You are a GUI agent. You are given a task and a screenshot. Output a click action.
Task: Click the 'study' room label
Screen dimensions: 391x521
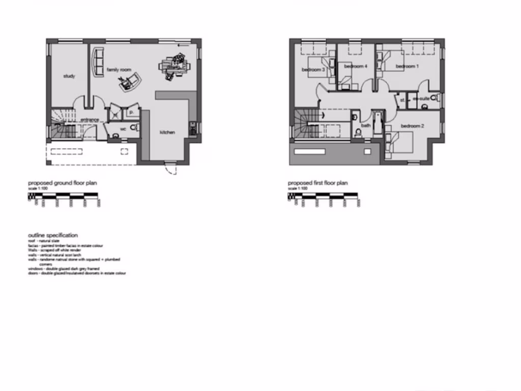click(x=69, y=76)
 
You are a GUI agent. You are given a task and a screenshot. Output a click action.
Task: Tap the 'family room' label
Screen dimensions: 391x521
click(x=119, y=70)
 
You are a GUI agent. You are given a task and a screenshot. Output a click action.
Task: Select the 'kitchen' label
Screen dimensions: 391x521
click(x=167, y=132)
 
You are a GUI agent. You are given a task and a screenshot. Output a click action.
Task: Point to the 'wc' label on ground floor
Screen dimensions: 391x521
click(x=123, y=128)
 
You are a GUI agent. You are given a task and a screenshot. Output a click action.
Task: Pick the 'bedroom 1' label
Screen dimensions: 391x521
click(x=407, y=66)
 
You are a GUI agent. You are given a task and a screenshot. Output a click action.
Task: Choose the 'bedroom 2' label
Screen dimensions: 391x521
click(x=412, y=126)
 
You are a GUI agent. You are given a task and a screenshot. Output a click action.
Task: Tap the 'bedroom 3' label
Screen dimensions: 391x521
click(x=313, y=69)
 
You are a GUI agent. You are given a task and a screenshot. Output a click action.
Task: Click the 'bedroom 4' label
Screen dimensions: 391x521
click(x=356, y=66)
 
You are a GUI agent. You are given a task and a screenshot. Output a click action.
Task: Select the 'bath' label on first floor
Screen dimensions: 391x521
click(x=366, y=125)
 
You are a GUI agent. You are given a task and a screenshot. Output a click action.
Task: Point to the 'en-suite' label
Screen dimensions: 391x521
click(x=421, y=99)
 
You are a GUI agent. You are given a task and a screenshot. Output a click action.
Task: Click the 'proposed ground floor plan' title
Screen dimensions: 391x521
click(x=62, y=183)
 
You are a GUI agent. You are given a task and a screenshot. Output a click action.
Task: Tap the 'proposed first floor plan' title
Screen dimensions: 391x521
click(x=317, y=183)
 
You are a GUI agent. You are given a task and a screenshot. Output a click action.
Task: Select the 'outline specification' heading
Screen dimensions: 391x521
click(x=53, y=235)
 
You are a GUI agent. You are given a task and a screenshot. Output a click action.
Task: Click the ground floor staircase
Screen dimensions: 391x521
click(x=61, y=125)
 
